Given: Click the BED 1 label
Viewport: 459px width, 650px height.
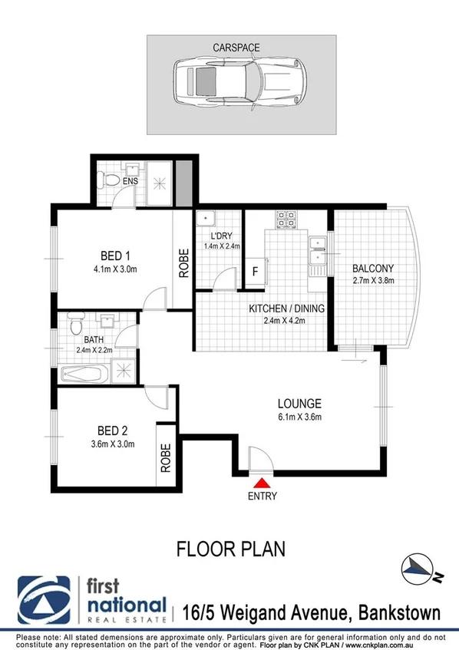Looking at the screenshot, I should (116, 256).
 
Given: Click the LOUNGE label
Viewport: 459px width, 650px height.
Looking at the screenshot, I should (299, 404).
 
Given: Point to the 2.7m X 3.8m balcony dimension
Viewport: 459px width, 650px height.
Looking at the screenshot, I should (372, 282).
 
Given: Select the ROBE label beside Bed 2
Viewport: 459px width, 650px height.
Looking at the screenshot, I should (167, 457).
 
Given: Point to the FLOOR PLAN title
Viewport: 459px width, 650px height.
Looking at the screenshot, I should (230, 549).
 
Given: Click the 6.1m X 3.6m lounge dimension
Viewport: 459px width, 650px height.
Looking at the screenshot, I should (299, 417).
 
